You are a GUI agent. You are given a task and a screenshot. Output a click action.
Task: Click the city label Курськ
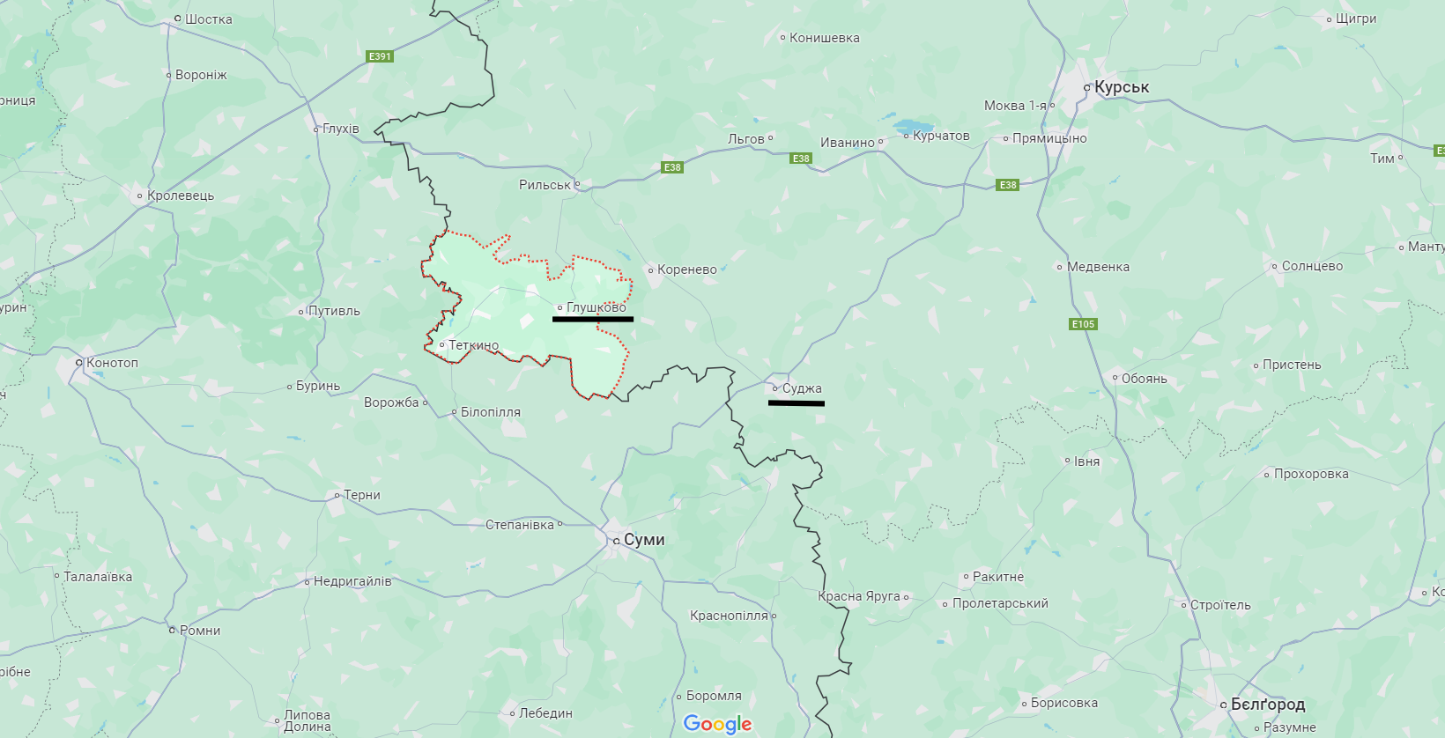(1121, 87)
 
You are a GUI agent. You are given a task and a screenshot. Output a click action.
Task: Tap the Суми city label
(643, 540)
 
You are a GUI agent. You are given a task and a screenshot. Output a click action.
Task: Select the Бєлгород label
(1267, 705)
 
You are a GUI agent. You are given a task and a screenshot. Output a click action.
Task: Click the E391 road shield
(380, 56)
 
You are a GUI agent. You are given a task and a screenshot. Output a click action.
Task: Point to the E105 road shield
(1083, 324)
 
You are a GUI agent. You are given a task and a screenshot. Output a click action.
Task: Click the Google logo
(717, 724)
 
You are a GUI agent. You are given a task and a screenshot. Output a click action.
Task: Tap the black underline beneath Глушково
(592, 319)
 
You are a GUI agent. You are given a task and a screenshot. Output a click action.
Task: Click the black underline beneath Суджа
(796, 403)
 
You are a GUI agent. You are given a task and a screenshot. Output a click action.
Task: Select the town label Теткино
(473, 345)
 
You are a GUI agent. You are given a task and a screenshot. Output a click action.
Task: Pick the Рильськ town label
(545, 185)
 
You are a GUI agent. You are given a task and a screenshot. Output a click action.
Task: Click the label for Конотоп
(112, 363)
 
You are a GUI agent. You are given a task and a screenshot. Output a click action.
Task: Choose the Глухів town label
(340, 129)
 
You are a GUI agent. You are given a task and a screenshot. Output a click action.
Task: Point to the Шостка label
(208, 19)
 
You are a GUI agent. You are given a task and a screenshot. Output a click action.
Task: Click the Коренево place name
(686, 269)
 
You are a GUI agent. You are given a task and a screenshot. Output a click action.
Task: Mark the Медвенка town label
(1097, 267)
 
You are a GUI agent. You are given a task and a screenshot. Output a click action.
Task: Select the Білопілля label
(490, 412)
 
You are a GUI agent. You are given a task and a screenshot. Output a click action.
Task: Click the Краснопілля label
(729, 616)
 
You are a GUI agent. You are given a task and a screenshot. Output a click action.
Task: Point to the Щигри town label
(1355, 18)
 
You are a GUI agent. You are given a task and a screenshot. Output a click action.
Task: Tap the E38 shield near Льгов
(801, 159)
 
